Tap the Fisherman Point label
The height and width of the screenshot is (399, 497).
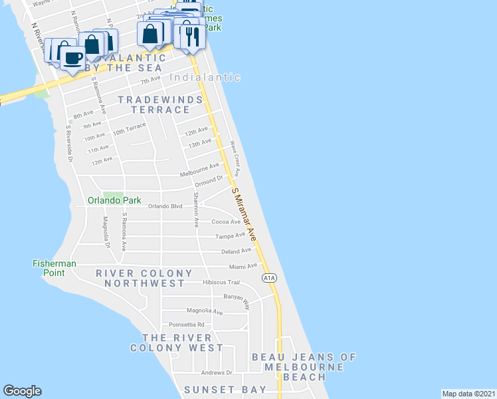[54, 268]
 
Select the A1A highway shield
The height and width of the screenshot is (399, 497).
[268, 278]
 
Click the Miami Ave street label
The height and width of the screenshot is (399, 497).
[243, 265]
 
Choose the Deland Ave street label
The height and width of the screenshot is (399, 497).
[237, 251]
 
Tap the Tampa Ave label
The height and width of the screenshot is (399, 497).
[231, 235]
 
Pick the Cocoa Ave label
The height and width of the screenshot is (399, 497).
[226, 221]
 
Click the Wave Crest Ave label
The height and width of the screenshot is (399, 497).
[235, 154]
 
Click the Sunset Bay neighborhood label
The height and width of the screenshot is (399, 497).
[225, 389]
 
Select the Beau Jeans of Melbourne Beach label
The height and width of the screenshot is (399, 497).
[304, 366]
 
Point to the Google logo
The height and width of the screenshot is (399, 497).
[22, 391]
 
